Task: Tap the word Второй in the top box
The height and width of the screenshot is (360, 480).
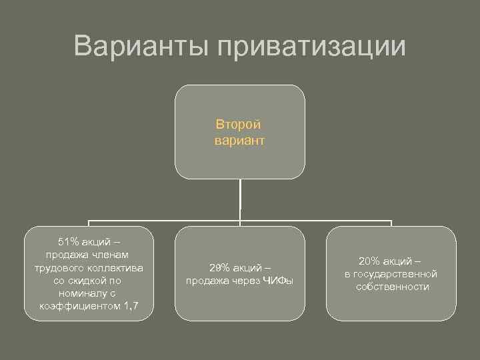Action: (239, 124)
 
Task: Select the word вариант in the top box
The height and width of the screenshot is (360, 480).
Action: (239, 141)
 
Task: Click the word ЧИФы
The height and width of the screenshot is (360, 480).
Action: (278, 280)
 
